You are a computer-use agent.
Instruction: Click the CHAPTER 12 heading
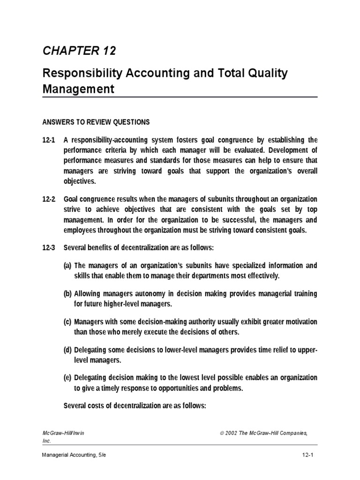tap(79, 51)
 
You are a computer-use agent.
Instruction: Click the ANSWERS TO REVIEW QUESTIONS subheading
tap(96, 122)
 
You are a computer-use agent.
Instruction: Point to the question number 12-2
tap(49, 199)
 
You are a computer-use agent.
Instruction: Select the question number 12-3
tap(49, 247)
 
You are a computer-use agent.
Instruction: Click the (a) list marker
tap(68, 266)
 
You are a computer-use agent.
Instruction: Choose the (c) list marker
tap(68, 322)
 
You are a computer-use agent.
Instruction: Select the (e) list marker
tap(68, 378)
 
